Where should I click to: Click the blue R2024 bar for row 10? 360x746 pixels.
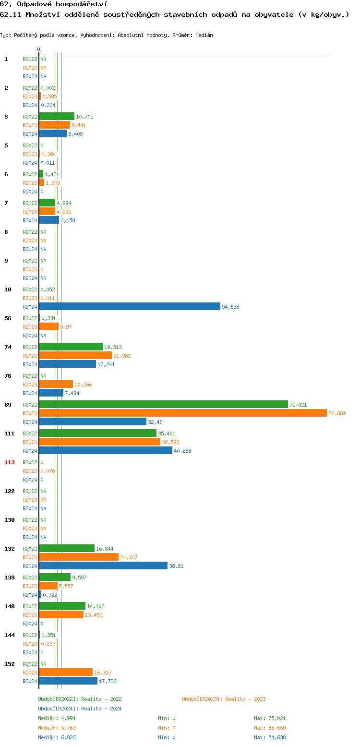click(130, 306)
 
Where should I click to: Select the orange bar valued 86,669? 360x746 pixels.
click(183, 413)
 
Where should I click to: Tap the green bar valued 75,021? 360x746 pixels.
click(163, 404)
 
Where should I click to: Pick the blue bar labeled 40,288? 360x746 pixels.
click(106, 450)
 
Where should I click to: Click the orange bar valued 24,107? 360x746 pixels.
click(79, 557)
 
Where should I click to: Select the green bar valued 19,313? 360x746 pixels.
click(71, 347)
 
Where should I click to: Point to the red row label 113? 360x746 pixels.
click(10, 462)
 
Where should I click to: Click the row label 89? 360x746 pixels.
click(8, 405)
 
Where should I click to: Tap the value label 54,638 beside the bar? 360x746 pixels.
click(230, 307)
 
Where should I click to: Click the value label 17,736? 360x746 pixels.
click(108, 681)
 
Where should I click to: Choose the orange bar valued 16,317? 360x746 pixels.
click(66, 672)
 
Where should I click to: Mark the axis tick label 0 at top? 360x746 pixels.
click(39, 49)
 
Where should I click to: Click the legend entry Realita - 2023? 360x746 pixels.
click(224, 699)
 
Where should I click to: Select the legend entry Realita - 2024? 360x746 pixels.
click(80, 709)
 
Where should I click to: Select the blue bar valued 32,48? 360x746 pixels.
click(93, 421)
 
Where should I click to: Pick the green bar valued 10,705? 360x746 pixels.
click(57, 116)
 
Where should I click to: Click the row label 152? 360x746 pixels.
click(10, 664)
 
